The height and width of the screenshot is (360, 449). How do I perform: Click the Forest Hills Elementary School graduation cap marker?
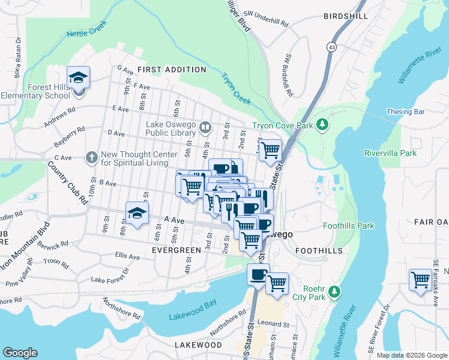78,78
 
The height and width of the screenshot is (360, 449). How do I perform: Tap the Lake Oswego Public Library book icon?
205,127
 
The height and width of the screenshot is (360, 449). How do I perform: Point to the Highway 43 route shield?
331,46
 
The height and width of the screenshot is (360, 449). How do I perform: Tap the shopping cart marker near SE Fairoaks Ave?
420,280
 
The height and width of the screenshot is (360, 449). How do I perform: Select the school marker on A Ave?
137,213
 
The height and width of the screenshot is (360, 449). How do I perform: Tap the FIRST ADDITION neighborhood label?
163,70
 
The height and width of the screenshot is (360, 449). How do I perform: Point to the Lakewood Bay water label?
192,317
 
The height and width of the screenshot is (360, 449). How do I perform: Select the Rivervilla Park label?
390,153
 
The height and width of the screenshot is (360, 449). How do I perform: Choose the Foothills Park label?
348,226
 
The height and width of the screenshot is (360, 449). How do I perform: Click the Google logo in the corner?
20,352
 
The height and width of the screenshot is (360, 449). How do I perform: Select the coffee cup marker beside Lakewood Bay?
258,275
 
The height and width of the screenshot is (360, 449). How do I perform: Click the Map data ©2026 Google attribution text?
411,355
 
